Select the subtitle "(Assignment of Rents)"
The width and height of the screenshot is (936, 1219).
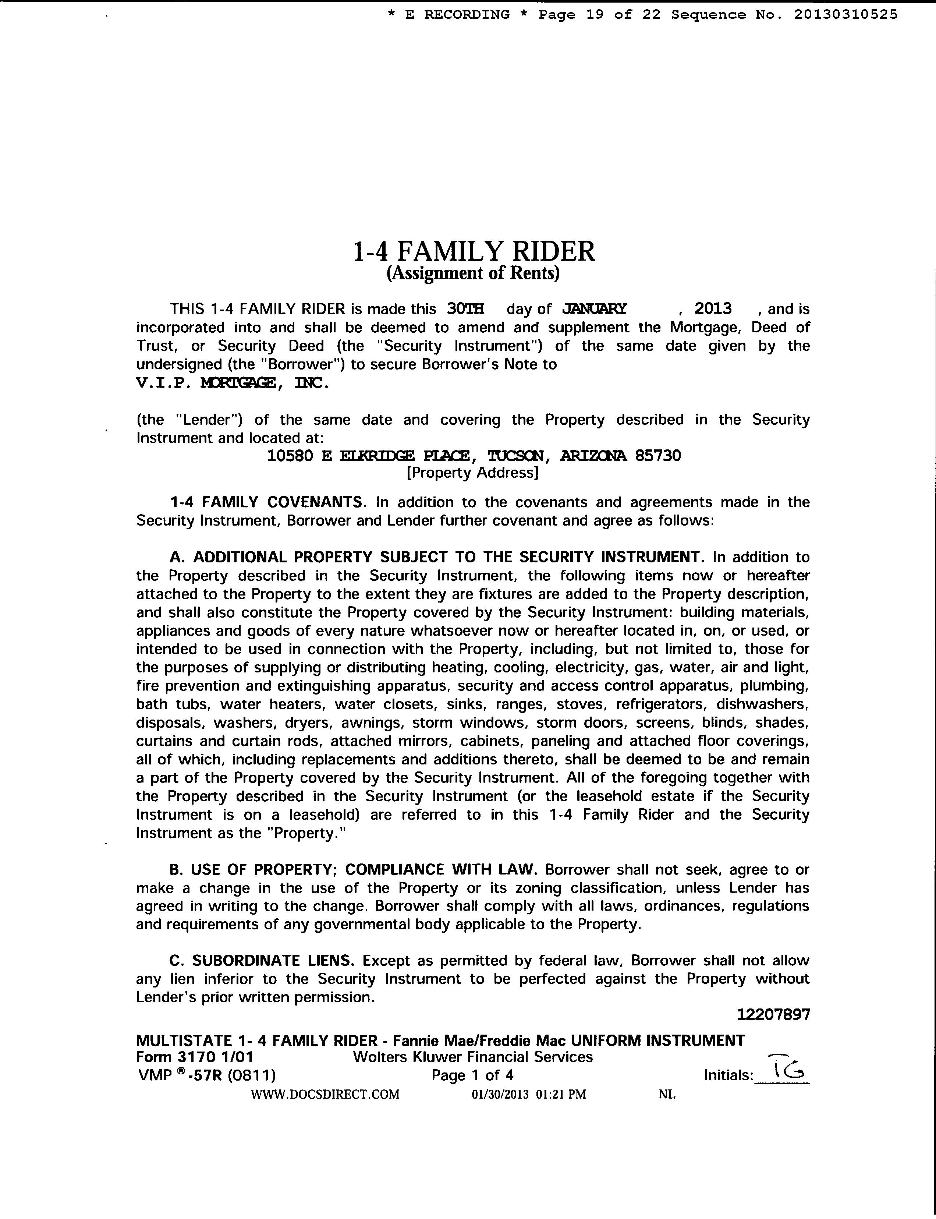pos(473,273)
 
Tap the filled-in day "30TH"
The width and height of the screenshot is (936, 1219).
pos(465,309)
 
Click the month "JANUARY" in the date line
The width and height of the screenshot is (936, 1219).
pos(595,309)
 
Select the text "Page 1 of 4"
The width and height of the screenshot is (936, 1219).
pos(472,1075)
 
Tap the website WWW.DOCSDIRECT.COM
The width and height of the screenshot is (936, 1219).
pos(325,1094)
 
